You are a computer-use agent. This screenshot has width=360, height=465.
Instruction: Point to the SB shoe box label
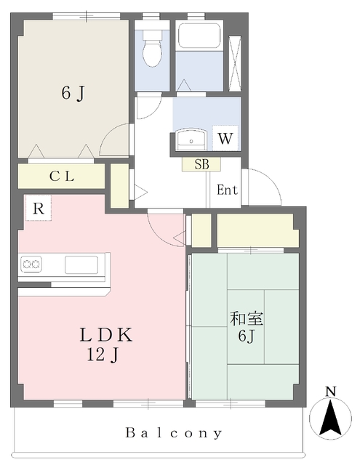coord(201,164)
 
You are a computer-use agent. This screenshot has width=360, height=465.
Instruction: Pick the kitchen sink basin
coord(80,264)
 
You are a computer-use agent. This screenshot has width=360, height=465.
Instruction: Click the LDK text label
coord(105,336)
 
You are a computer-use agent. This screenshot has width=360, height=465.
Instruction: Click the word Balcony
coord(175,433)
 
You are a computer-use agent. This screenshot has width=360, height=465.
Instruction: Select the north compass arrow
coord(331,420)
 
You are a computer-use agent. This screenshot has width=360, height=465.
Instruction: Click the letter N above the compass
coord(331,393)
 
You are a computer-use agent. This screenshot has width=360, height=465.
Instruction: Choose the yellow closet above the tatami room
coord(257,230)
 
